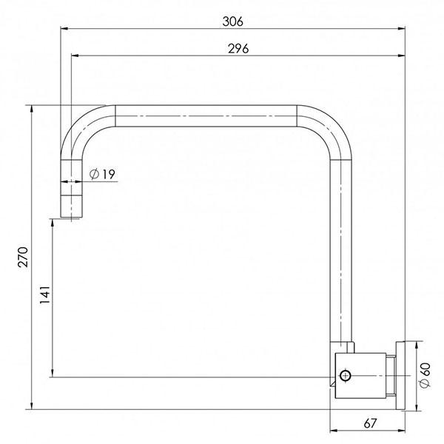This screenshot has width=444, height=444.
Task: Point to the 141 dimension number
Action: tap(44, 296)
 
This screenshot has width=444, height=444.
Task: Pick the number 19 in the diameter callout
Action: tap(107, 174)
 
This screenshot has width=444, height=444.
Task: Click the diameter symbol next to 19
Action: tap(94, 174)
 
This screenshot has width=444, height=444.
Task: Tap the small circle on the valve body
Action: tap(344, 377)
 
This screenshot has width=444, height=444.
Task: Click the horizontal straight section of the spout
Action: tap(207, 116)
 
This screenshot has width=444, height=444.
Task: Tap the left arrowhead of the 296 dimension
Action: tap(74, 55)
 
